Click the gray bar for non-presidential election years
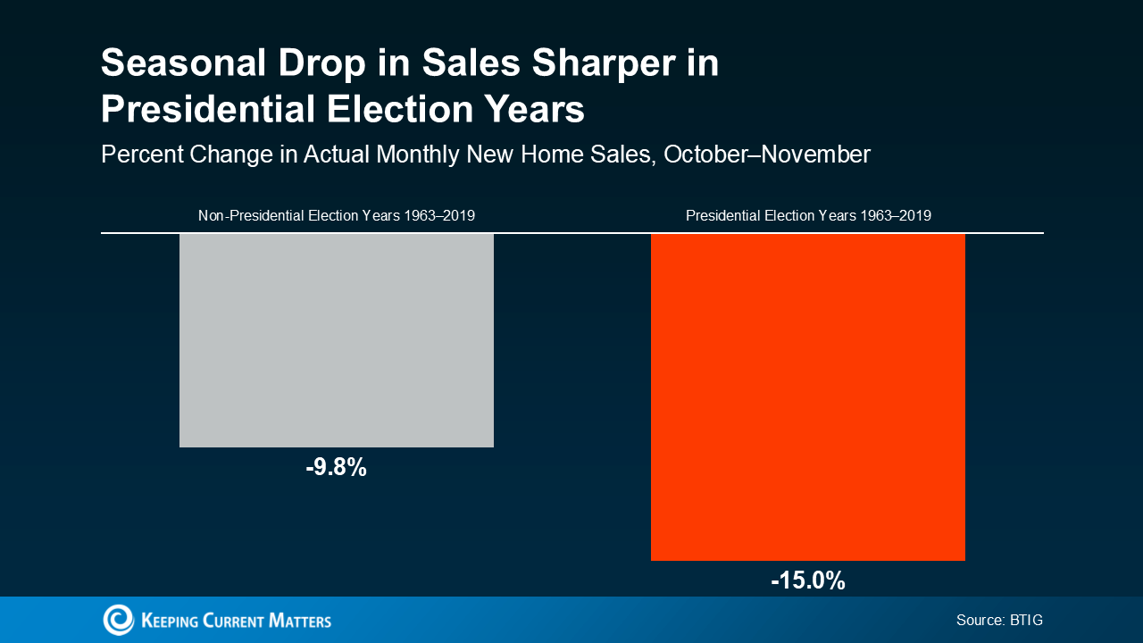[x=336, y=339]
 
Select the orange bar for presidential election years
[x=807, y=397]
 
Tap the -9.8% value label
[x=336, y=467]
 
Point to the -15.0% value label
[x=807, y=580]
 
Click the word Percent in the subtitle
[x=141, y=154]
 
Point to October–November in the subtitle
[x=767, y=154]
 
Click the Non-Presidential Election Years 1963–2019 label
[x=336, y=215]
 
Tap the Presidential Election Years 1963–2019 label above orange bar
[x=807, y=215]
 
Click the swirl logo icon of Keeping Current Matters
[x=118, y=620]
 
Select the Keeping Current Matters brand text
[x=236, y=620]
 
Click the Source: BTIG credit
[x=999, y=620]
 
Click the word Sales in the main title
[x=468, y=64]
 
